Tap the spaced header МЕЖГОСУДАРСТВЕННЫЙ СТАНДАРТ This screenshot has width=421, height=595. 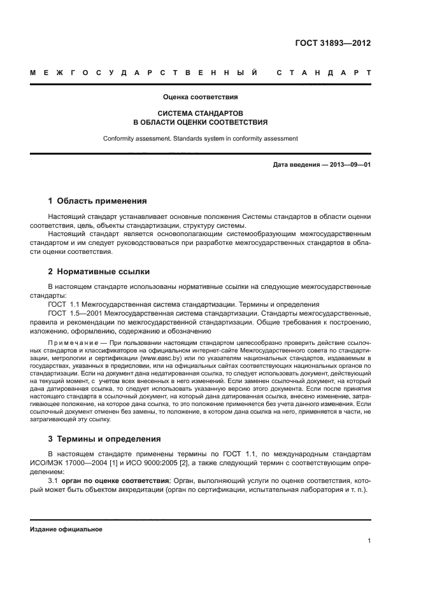tap(200, 73)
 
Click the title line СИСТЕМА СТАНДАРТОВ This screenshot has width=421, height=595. tap(200, 113)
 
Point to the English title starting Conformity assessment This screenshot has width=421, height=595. tap(200, 138)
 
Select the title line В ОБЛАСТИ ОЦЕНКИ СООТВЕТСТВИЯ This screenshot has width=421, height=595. tap(200, 122)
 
